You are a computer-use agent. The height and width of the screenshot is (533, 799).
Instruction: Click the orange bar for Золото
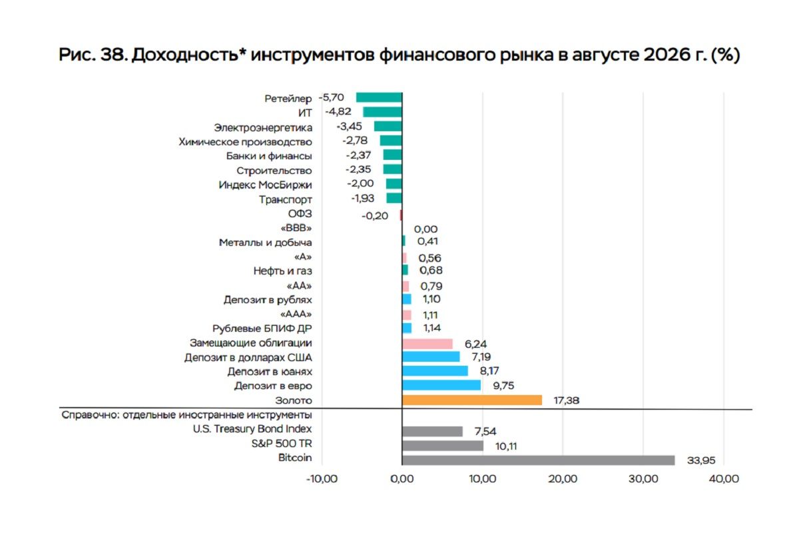(472, 400)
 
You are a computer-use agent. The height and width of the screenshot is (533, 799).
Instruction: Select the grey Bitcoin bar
(538, 460)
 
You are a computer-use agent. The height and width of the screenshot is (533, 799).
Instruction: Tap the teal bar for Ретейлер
(379, 97)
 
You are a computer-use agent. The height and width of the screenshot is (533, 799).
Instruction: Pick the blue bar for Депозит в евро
(441, 385)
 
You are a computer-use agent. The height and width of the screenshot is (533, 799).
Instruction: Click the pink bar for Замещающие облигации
(427, 344)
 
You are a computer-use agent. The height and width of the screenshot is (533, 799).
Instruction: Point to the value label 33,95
(701, 460)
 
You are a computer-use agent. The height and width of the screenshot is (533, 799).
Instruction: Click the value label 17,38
(567, 400)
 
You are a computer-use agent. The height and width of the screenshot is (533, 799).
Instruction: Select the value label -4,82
(338, 112)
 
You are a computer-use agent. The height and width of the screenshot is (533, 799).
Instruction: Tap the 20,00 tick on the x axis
(563, 479)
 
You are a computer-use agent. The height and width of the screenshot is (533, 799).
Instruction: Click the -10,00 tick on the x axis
(322, 479)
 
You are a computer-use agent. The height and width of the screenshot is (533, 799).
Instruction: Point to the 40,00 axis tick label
(724, 479)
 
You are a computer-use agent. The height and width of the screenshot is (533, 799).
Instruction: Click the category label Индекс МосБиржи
(265, 185)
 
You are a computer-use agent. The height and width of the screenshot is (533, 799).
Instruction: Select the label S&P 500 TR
(282, 444)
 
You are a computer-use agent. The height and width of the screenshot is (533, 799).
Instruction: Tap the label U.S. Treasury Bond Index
(252, 429)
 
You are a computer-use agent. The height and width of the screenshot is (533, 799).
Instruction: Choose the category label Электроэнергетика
(263, 128)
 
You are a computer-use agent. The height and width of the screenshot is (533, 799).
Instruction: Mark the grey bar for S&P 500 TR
(443, 446)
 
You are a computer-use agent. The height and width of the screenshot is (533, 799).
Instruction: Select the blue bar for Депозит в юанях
(435, 371)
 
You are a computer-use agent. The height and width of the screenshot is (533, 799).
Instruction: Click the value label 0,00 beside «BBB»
(425, 229)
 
